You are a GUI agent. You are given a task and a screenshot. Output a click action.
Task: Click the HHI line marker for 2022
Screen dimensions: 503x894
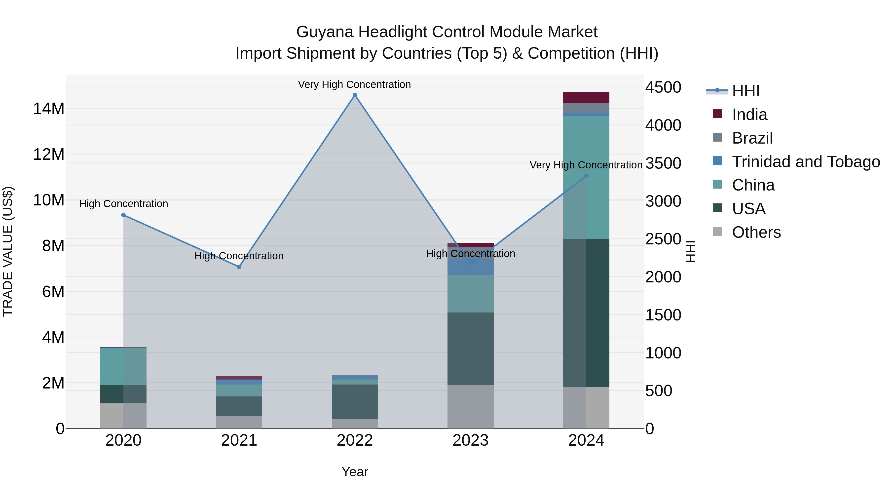pyautogui.click(x=355, y=95)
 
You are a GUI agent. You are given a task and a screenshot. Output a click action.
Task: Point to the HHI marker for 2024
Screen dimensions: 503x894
pyautogui.click(x=586, y=176)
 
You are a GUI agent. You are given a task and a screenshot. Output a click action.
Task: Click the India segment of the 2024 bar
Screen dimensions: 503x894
pyautogui.click(x=586, y=98)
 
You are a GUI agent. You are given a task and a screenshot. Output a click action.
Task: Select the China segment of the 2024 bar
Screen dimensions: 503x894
pyautogui.click(x=586, y=177)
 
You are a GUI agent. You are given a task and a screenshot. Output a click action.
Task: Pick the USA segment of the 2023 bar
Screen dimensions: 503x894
pyautogui.click(x=470, y=348)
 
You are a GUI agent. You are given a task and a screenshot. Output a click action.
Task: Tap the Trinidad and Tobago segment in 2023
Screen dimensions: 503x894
pyautogui.click(x=470, y=267)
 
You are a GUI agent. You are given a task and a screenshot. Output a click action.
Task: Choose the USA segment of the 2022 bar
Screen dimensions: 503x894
pyautogui.click(x=355, y=401)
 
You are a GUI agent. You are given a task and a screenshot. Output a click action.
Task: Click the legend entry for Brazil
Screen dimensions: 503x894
pyautogui.click(x=752, y=138)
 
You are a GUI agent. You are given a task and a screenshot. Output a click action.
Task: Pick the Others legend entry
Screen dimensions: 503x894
pyautogui.click(x=756, y=232)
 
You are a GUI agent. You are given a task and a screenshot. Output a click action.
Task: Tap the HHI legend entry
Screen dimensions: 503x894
pyautogui.click(x=745, y=91)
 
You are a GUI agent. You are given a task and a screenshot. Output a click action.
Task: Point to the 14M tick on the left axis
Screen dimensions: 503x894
pyautogui.click(x=49, y=109)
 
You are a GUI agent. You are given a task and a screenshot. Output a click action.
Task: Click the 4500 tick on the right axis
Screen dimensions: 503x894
pyautogui.click(x=663, y=87)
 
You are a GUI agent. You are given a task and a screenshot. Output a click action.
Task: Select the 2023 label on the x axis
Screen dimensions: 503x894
pyautogui.click(x=470, y=440)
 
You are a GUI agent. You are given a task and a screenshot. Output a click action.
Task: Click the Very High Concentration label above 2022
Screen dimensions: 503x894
pyautogui.click(x=354, y=84)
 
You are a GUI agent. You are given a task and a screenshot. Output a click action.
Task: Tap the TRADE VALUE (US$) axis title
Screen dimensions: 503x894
pyautogui.click(x=8, y=251)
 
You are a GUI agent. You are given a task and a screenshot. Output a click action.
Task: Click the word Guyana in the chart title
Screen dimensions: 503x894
pyautogui.click(x=325, y=32)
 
